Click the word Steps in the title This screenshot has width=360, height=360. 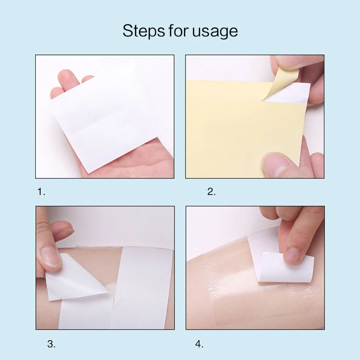[x=144, y=31]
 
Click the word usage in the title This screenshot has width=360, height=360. [x=215, y=31]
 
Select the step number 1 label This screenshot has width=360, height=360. [x=41, y=192]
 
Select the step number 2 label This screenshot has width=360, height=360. [x=211, y=192]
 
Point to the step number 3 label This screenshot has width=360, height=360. [x=51, y=344]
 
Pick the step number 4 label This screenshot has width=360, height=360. [x=199, y=344]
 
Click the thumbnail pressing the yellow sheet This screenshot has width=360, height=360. [x=275, y=164]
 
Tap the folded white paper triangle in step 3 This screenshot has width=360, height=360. [x=73, y=279]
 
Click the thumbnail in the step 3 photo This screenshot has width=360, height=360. [x=51, y=257]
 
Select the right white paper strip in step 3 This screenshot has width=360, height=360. [x=141, y=288]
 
